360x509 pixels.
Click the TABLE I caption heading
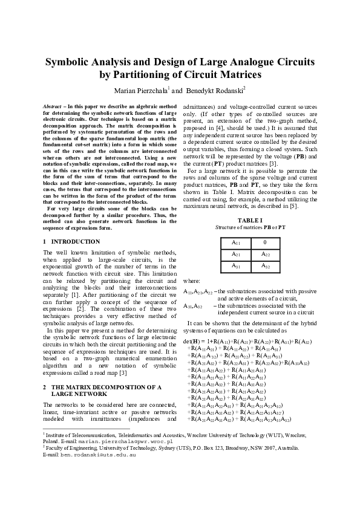click(250, 220)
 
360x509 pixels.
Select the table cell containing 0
click(264, 242)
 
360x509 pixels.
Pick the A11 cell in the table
click(236, 242)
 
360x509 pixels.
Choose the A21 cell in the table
click(236, 254)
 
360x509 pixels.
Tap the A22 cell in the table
click(264, 254)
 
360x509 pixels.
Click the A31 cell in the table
click(236, 265)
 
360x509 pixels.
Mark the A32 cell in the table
click(264, 265)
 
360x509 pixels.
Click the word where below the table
click(191, 281)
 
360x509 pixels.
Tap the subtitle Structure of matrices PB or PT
click(250, 227)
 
